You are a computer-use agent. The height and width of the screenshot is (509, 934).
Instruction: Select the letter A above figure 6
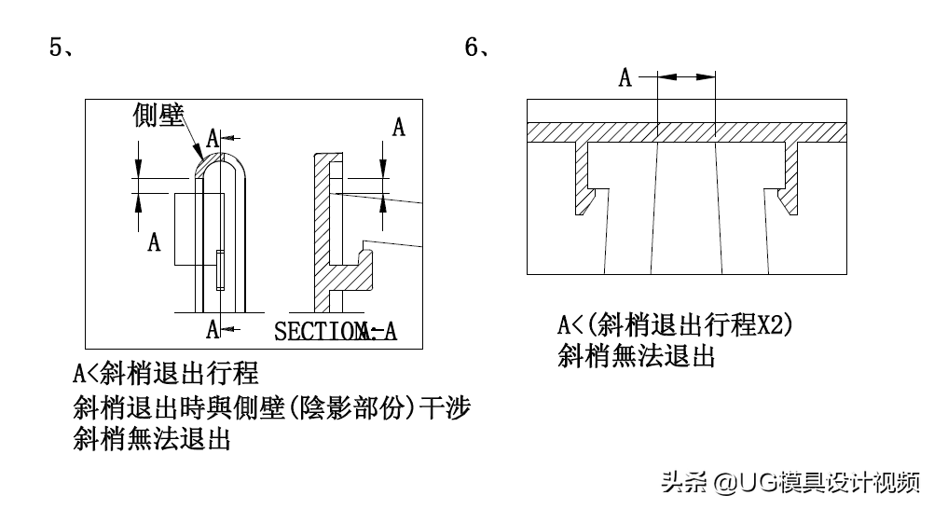pos(625,78)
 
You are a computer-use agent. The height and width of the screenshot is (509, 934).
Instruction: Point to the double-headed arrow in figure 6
pos(686,78)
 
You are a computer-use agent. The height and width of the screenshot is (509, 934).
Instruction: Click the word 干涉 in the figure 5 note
pos(446,407)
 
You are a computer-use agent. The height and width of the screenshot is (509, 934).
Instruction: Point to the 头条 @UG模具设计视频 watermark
pos(790,482)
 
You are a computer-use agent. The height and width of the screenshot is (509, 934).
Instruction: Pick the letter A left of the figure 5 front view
pos(155,242)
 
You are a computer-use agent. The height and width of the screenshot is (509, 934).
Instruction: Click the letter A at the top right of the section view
pos(398,128)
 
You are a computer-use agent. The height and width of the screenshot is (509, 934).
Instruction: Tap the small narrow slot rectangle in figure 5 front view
pos(220,271)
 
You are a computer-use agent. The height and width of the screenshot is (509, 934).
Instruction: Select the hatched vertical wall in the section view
pos(322,224)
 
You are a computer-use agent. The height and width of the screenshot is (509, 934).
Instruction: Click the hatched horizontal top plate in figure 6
pos(686,132)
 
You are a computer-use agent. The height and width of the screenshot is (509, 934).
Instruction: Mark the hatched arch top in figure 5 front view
pos(207,162)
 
